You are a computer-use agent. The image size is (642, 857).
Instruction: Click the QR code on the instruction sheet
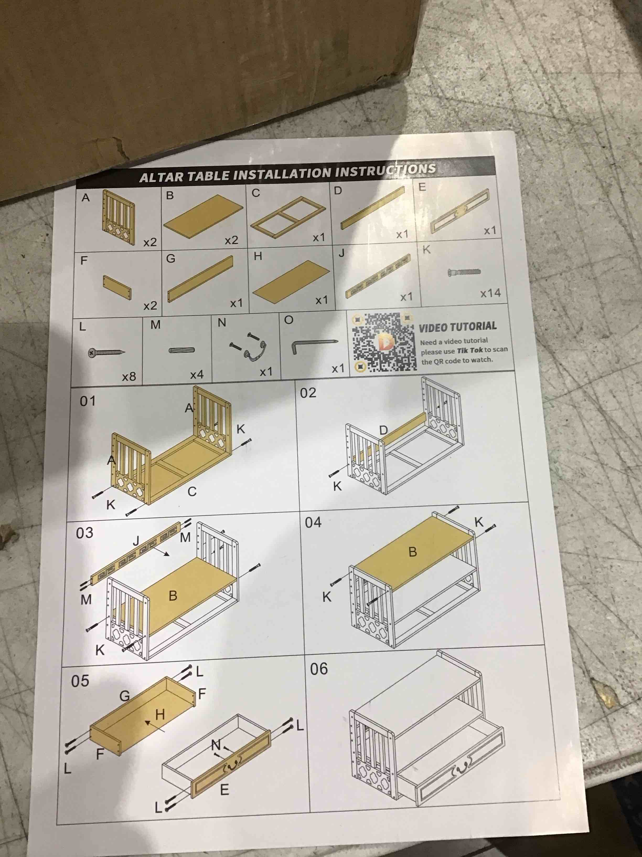pyautogui.click(x=385, y=342)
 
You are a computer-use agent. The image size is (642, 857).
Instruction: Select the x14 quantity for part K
pyautogui.click(x=490, y=293)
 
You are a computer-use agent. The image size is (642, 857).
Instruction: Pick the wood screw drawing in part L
pyautogui.click(x=106, y=353)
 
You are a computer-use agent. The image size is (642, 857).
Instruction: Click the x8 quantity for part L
pyautogui.click(x=129, y=376)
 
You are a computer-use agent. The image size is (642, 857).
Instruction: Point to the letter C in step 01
pyautogui.click(x=192, y=492)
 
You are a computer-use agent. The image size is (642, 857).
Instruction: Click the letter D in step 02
pyautogui.click(x=383, y=430)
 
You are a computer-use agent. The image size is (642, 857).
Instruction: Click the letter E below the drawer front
pyautogui.click(x=224, y=789)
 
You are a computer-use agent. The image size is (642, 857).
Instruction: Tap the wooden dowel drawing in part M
pyautogui.click(x=181, y=350)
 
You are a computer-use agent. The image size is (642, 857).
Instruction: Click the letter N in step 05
pyautogui.click(x=216, y=744)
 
